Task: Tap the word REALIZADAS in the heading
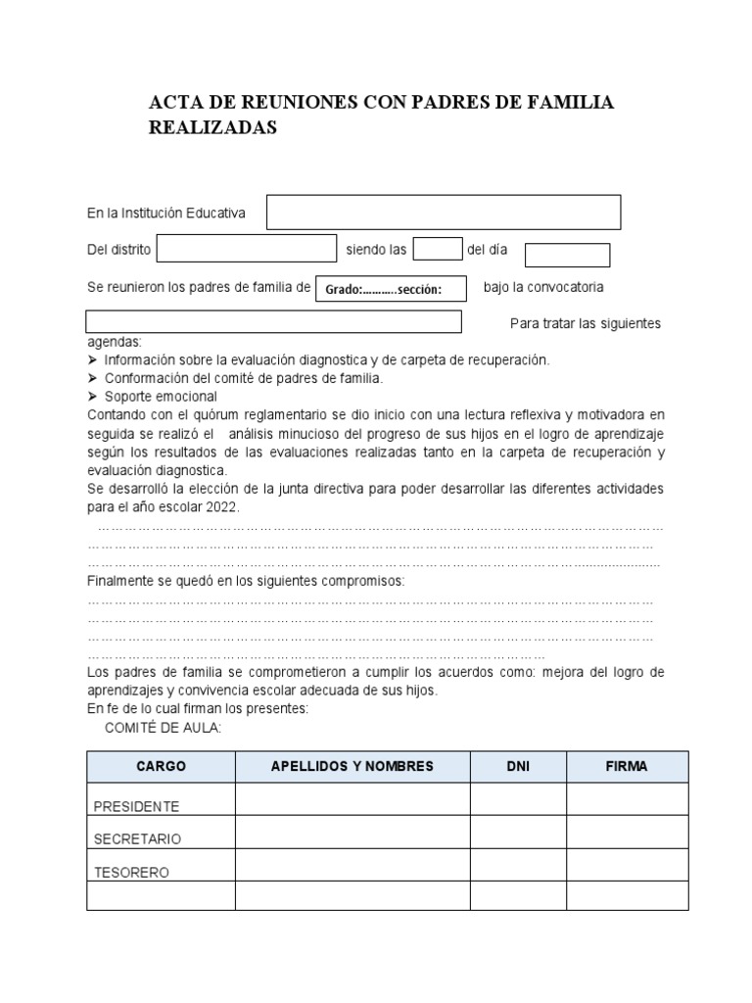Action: (212, 128)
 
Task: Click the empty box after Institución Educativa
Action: (444, 212)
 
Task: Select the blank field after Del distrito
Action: (246, 250)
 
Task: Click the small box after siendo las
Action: (437, 250)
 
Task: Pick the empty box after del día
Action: (567, 255)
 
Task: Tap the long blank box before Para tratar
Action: (273, 322)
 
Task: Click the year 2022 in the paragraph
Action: (222, 506)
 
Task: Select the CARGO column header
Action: (161, 767)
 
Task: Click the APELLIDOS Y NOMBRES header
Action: (352, 767)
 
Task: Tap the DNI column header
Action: (517, 767)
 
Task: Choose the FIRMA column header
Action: (627, 767)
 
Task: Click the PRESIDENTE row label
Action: (136, 806)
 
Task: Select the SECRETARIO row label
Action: (137, 839)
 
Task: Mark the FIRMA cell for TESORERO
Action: (627, 865)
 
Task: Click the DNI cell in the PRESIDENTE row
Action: (517, 799)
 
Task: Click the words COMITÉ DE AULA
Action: (163, 728)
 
